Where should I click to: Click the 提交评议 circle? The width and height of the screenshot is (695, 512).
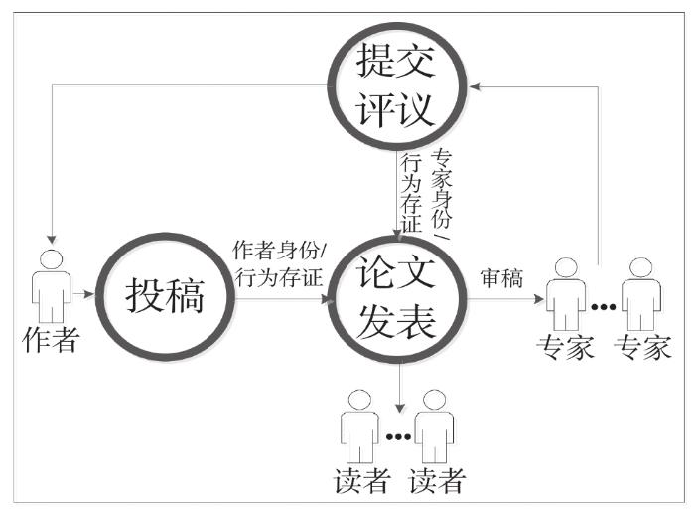396,87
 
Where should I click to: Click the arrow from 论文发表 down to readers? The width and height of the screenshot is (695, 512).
398,388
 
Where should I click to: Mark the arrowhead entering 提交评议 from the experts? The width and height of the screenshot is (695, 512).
479,86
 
